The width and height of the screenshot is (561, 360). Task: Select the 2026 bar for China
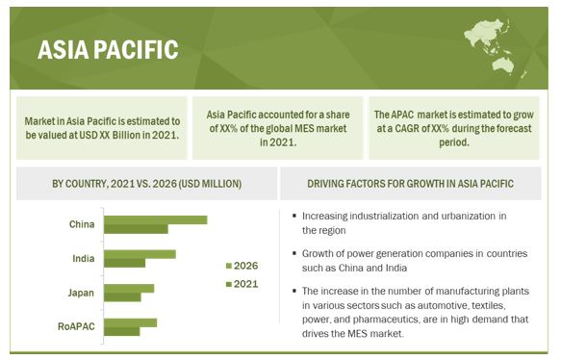coord(155,219)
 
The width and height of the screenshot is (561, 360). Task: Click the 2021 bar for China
coord(136,229)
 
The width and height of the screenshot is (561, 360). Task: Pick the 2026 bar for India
coord(140,254)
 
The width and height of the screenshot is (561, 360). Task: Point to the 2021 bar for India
coord(124,263)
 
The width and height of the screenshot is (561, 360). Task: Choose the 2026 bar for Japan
coord(129,288)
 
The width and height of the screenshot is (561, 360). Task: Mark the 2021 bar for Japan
coord(121,297)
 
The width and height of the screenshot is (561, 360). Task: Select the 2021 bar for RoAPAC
coord(121,332)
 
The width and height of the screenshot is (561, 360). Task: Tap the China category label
coord(81,224)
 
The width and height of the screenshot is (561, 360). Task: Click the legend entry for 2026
coord(242,265)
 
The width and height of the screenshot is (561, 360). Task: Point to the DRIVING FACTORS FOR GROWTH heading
coord(417,183)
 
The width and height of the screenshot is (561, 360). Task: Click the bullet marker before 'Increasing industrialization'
coord(292,217)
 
